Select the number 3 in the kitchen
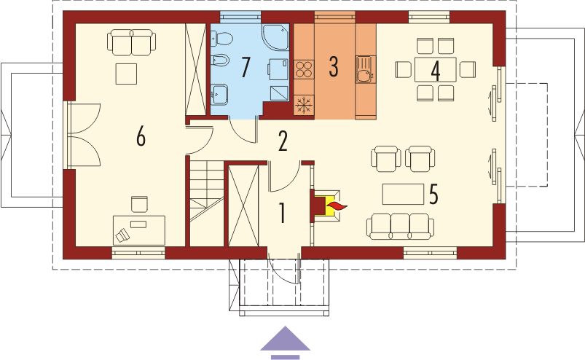[334, 66]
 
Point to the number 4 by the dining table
[436, 71]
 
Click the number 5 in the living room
[433, 195]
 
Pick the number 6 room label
[141, 136]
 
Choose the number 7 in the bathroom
[246, 67]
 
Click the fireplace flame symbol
[337, 208]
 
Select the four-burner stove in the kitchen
[304, 71]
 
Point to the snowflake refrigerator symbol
[303, 105]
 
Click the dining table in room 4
[436, 70]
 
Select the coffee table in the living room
[404, 194]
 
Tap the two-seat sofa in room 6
[131, 42]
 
